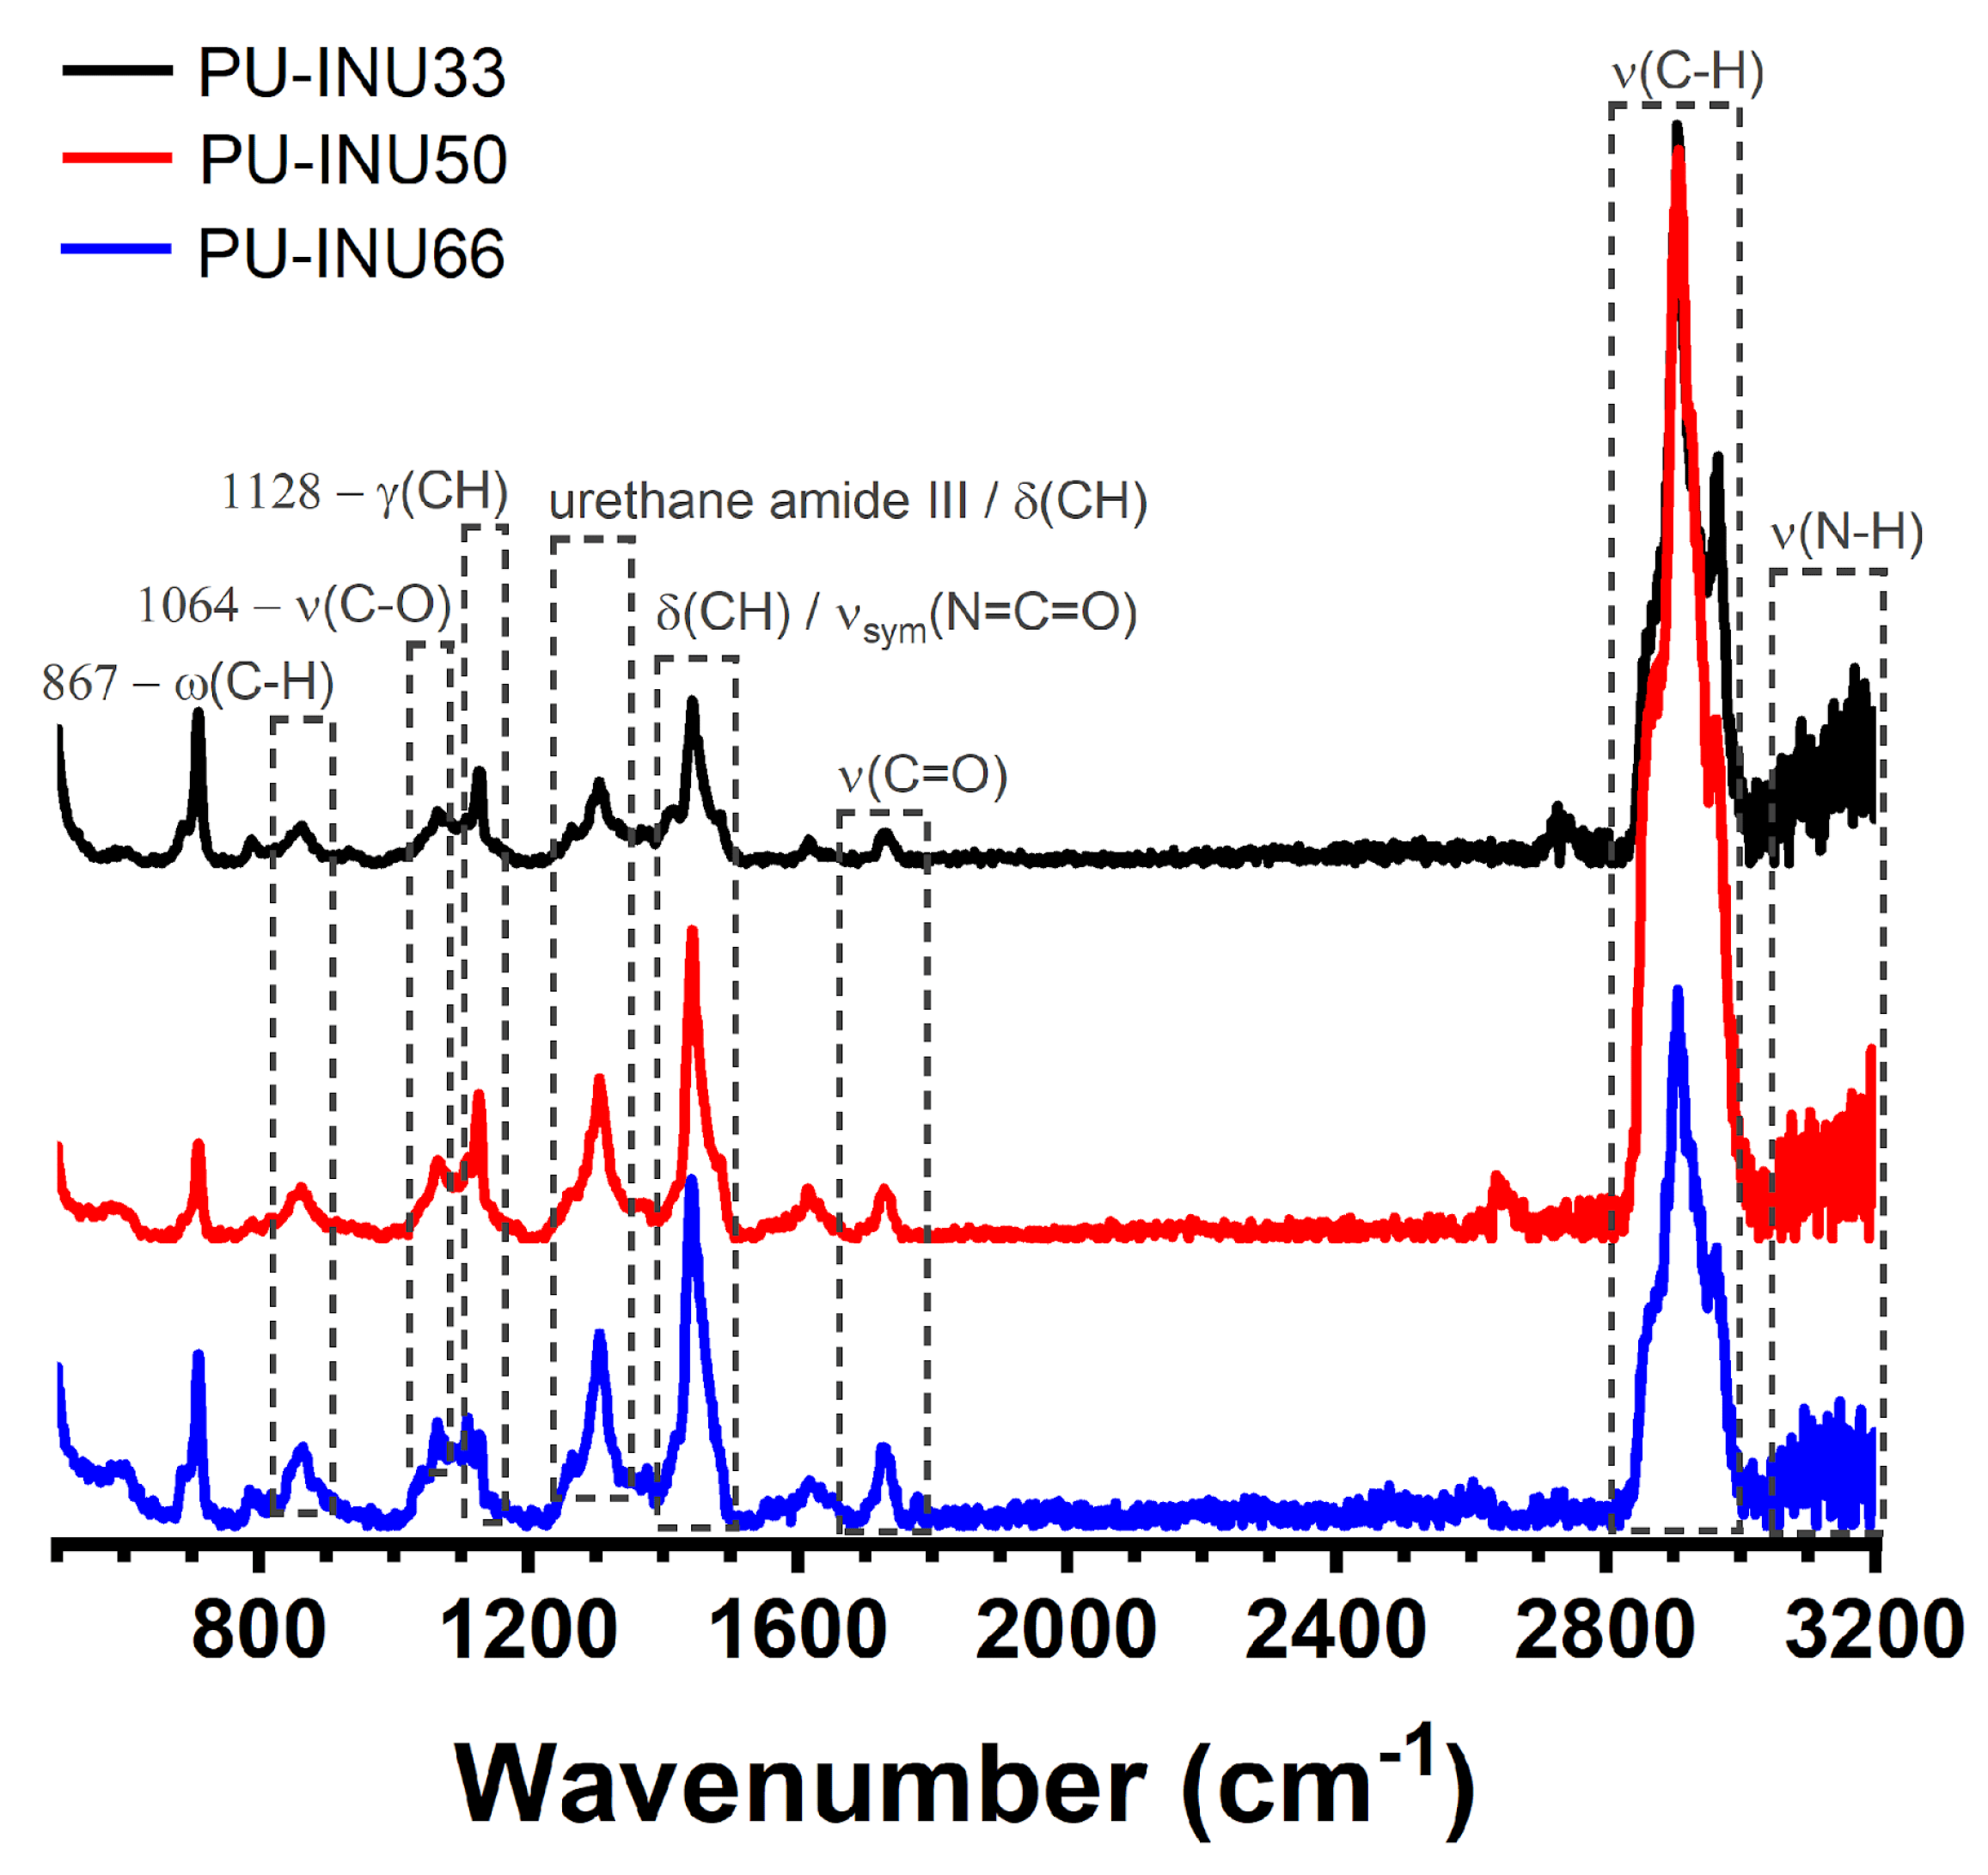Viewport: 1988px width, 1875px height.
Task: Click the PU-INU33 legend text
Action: click(x=351, y=73)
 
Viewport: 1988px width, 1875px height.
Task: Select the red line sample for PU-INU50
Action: click(x=117, y=158)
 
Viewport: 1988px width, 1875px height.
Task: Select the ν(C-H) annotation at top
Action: click(x=1688, y=72)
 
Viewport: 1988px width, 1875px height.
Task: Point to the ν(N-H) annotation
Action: click(x=1846, y=532)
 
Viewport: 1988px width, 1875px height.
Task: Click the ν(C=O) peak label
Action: click(x=922, y=775)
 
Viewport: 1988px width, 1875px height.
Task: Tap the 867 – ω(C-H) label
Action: click(x=188, y=683)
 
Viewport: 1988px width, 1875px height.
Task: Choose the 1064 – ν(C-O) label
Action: click(x=295, y=605)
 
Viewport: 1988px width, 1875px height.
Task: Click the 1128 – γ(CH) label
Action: click(x=365, y=492)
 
